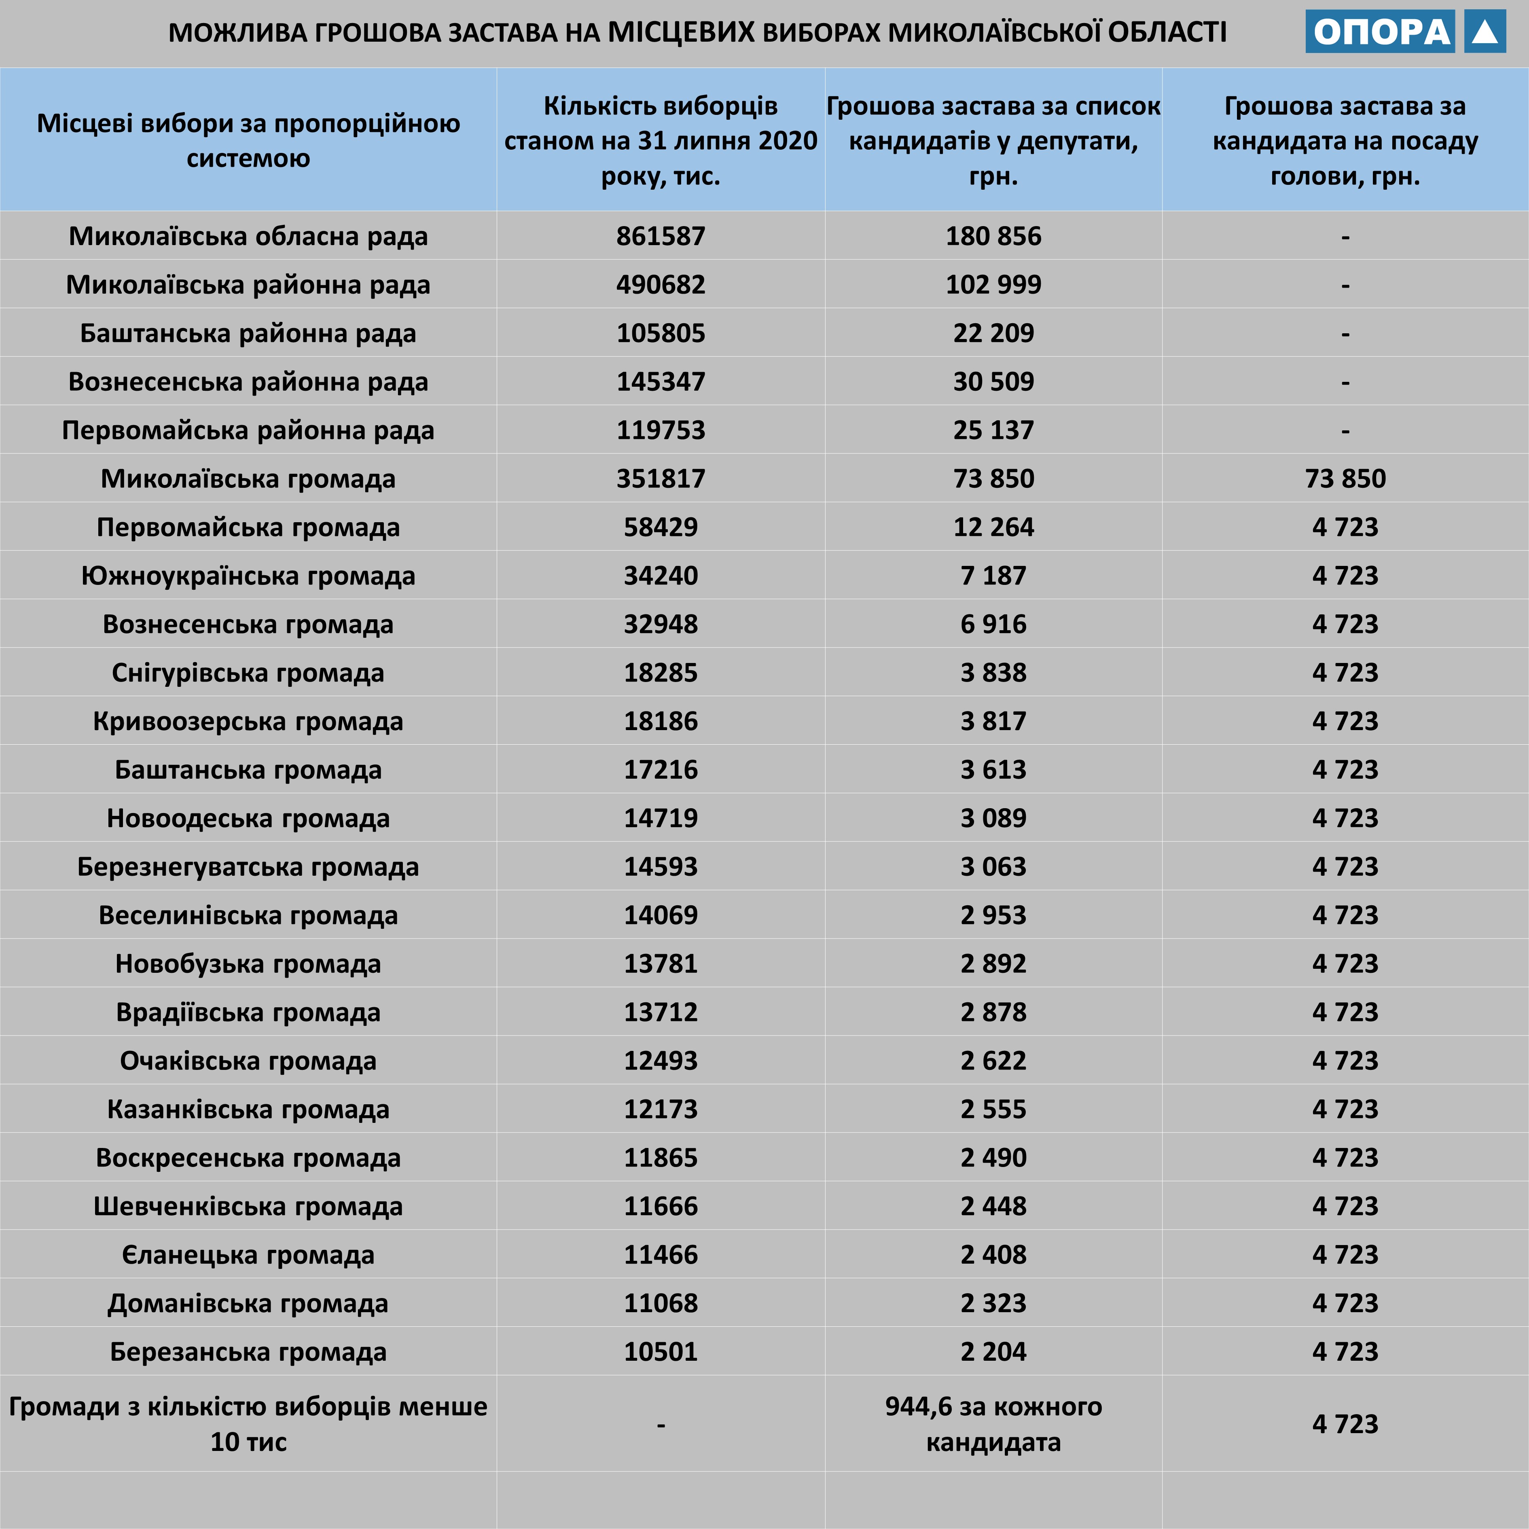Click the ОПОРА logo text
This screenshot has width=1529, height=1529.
(x=1381, y=32)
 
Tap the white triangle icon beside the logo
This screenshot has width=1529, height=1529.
(x=1485, y=32)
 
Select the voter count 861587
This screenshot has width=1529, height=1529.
(x=661, y=236)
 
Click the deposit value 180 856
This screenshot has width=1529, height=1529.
(x=993, y=236)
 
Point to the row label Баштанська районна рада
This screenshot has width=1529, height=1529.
(x=248, y=333)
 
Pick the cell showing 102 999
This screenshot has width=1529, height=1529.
(x=993, y=284)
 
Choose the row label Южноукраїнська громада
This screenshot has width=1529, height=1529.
(x=248, y=575)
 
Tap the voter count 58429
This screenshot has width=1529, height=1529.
(x=661, y=527)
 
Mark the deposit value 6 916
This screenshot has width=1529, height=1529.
(x=993, y=624)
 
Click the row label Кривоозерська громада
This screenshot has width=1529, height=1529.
(x=248, y=721)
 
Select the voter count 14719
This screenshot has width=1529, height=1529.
(x=661, y=817)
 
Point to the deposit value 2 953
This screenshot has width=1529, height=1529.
(x=993, y=915)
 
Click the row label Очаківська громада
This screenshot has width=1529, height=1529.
(x=248, y=1061)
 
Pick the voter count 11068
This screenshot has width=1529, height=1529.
(x=661, y=1302)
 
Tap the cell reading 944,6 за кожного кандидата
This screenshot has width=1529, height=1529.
(x=993, y=1424)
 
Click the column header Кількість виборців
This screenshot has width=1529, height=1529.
(x=661, y=140)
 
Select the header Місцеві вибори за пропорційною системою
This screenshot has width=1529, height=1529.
(x=248, y=140)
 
